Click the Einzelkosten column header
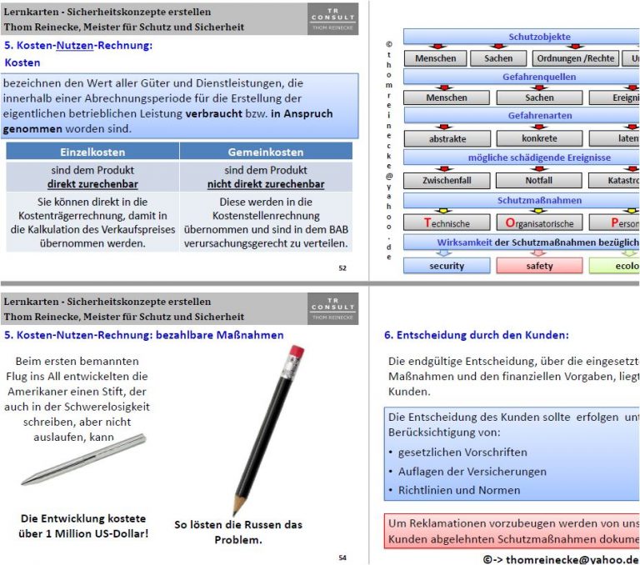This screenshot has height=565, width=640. pos(92,152)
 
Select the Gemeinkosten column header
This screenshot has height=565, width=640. pos(266,152)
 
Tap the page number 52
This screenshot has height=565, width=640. pos(342,268)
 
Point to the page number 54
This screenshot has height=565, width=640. pos(342,557)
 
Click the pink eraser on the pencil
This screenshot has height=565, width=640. pos(296,353)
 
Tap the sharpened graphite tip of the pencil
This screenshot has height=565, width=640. pos(237,509)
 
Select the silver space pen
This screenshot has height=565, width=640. pos(95,460)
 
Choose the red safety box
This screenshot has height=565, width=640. pos(539,266)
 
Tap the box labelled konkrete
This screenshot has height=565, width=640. pos(539,139)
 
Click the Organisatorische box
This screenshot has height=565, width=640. pos(539,223)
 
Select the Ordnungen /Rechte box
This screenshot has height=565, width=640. pos(576,58)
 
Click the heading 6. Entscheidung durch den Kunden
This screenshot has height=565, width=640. pos(476,335)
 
